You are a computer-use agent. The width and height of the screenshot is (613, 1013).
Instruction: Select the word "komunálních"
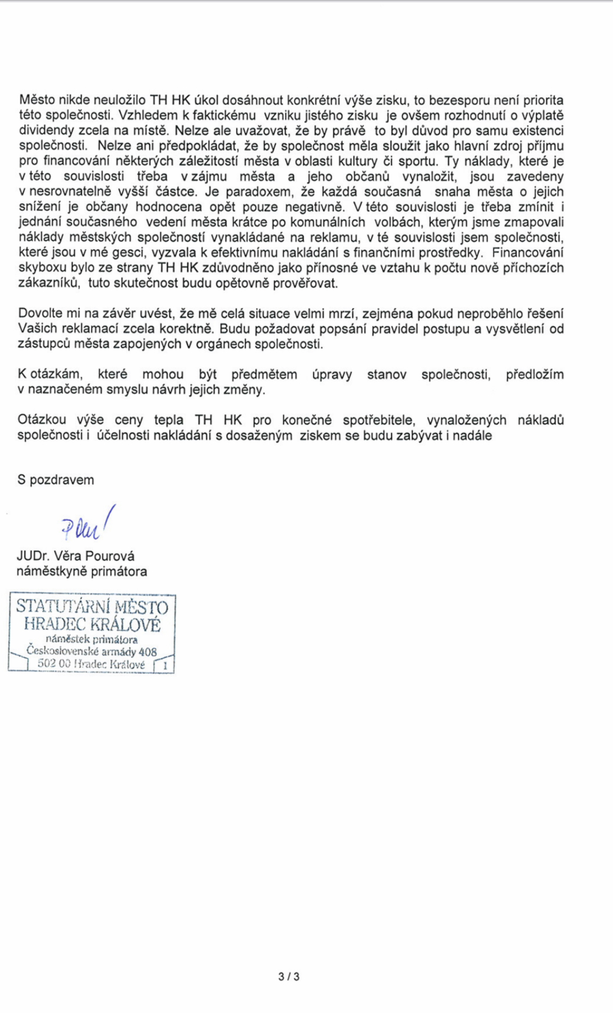click(330, 222)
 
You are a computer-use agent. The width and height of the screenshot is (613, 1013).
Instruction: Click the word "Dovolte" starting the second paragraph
click(40, 314)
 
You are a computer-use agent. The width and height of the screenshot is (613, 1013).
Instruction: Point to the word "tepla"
click(169, 420)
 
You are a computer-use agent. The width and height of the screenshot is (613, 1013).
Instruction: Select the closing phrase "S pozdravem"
click(56, 480)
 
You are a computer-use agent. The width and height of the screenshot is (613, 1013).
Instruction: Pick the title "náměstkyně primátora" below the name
click(82, 572)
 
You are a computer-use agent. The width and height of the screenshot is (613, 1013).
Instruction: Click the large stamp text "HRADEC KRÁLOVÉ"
click(93, 624)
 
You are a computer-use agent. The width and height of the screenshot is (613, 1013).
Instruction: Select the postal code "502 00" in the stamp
click(53, 664)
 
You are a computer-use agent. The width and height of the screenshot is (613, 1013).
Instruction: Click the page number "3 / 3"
click(289, 976)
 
